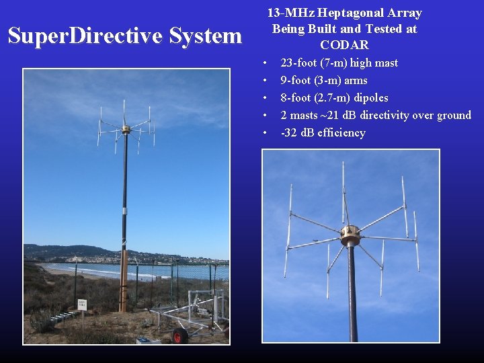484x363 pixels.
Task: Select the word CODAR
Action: (344, 45)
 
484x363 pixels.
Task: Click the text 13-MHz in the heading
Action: (290, 13)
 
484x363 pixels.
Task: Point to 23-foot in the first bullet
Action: (300, 63)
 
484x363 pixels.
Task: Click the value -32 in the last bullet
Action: (289, 132)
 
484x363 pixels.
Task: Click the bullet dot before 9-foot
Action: (266, 80)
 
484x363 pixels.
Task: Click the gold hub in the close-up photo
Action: (350, 235)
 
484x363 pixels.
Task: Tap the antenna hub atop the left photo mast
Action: (125, 128)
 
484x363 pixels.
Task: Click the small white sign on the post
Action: (82, 305)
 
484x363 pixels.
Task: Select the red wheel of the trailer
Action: (179, 335)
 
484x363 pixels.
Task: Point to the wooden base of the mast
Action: (123, 282)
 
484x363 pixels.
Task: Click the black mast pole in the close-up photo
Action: (352, 296)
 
